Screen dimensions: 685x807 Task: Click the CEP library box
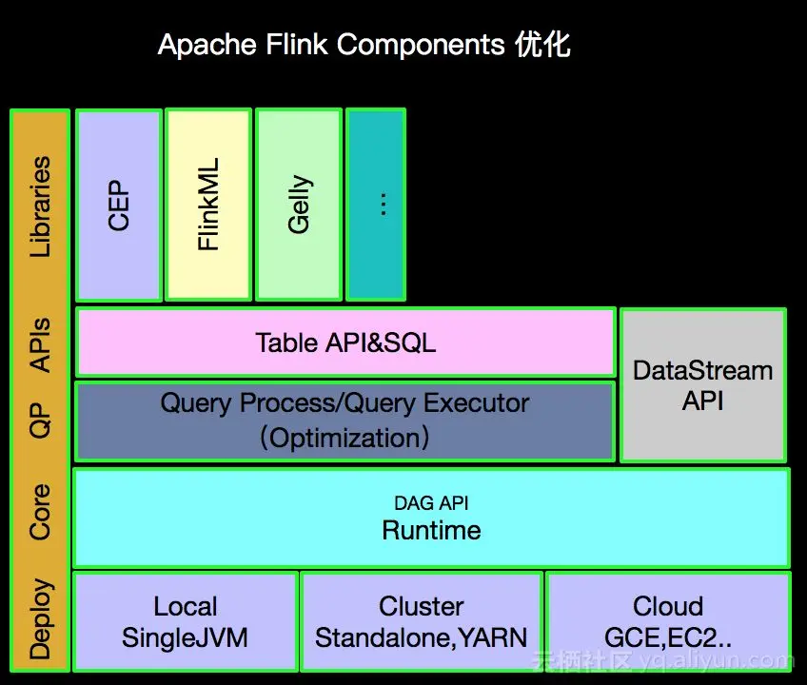(119, 205)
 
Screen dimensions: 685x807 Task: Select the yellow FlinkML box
(208, 205)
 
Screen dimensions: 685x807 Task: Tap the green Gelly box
(299, 205)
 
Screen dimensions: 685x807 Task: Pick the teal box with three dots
(376, 205)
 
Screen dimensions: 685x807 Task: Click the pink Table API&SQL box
(345, 342)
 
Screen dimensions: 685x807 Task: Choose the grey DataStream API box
(703, 385)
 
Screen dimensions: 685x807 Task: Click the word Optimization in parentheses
(344, 439)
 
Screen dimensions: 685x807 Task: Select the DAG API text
(431, 503)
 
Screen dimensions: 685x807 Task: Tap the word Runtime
(431, 530)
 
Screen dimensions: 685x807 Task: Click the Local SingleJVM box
(186, 621)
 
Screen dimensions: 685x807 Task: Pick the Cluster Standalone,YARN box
(422, 621)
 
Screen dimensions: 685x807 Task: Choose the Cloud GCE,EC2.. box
(668, 621)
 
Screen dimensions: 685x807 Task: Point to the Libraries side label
(40, 207)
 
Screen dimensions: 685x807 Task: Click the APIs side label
(40, 344)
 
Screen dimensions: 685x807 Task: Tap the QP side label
(40, 421)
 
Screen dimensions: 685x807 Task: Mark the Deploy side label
(40, 618)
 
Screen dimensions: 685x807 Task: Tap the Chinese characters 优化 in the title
(542, 45)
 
